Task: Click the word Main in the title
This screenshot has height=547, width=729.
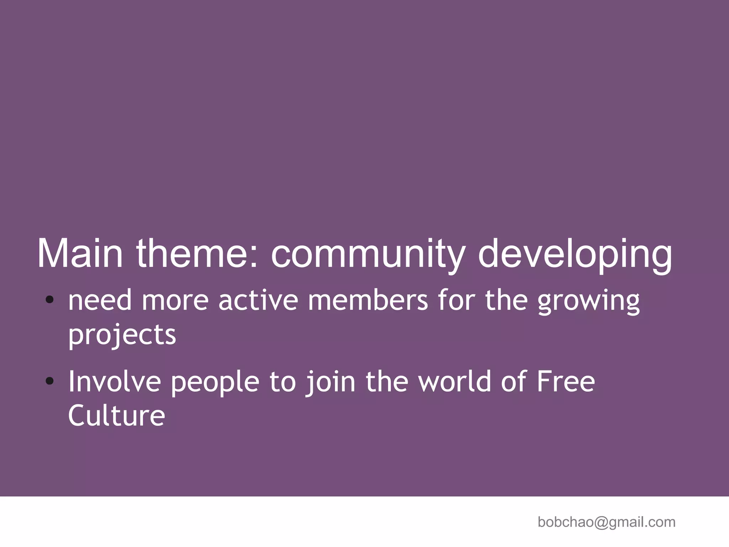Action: [x=80, y=253]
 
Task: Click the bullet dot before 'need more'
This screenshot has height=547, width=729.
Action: [x=50, y=300]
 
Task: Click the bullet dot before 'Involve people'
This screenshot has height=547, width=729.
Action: [x=50, y=381]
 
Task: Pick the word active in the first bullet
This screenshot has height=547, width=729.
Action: [x=258, y=300]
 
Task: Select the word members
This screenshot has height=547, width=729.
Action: [x=368, y=300]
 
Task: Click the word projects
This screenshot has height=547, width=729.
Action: [x=122, y=335]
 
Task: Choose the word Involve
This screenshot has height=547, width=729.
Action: [x=114, y=381]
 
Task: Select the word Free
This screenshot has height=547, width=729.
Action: [x=566, y=381]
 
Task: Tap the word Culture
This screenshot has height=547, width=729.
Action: [x=116, y=415]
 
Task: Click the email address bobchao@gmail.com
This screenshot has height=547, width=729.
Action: [x=606, y=522]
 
